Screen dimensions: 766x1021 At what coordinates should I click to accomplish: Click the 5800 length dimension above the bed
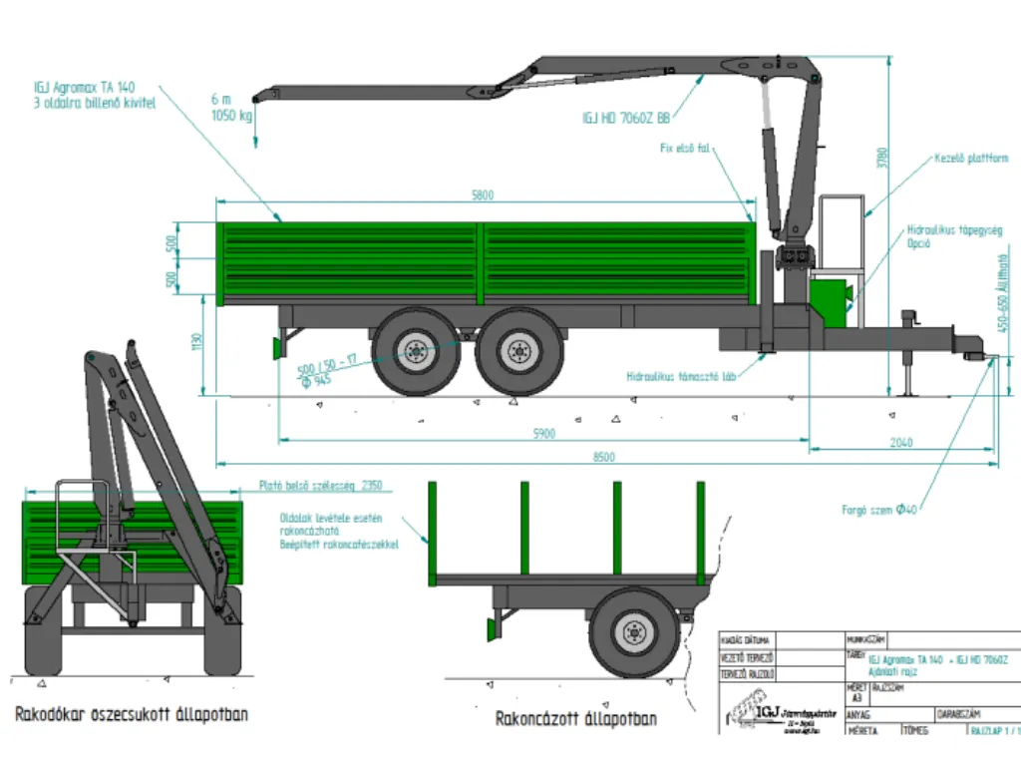coord(483,195)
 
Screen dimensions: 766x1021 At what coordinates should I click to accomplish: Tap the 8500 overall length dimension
coord(603,457)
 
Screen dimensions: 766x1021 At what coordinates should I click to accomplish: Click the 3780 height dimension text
coord(881,158)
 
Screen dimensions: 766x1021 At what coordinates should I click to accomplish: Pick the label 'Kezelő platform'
coord(971,158)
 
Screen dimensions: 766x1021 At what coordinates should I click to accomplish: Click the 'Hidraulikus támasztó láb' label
coord(681,377)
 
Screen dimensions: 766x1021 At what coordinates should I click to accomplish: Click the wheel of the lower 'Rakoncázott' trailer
coord(634,632)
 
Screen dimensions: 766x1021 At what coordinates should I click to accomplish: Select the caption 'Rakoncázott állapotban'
coord(575,718)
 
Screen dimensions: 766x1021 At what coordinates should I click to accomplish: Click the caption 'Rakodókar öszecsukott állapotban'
coord(132,714)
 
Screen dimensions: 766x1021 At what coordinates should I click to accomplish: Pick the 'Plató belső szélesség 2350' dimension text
coord(321,486)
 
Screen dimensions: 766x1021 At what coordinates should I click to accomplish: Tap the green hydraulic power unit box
coord(830,298)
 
